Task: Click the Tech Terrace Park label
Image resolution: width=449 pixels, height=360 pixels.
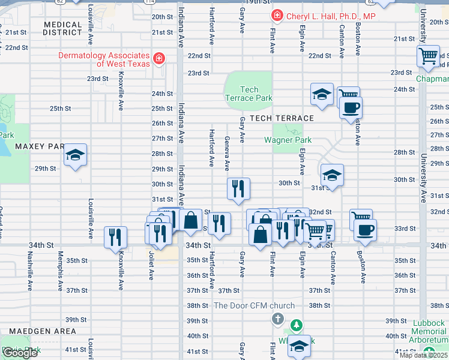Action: tap(249, 94)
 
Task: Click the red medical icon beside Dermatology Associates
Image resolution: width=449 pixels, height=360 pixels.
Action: tap(159, 58)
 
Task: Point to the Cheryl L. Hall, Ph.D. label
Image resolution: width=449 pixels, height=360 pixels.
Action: tap(331, 16)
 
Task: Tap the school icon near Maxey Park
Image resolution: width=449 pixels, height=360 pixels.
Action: tap(76, 155)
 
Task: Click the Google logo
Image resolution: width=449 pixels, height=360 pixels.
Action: tap(20, 353)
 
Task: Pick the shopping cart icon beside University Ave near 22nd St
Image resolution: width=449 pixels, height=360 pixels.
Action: tap(429, 57)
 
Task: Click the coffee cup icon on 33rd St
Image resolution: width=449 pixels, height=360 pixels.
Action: tap(365, 229)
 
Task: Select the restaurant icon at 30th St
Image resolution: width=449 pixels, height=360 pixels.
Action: tap(238, 188)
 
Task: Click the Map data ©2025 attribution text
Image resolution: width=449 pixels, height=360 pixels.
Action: tap(424, 355)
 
